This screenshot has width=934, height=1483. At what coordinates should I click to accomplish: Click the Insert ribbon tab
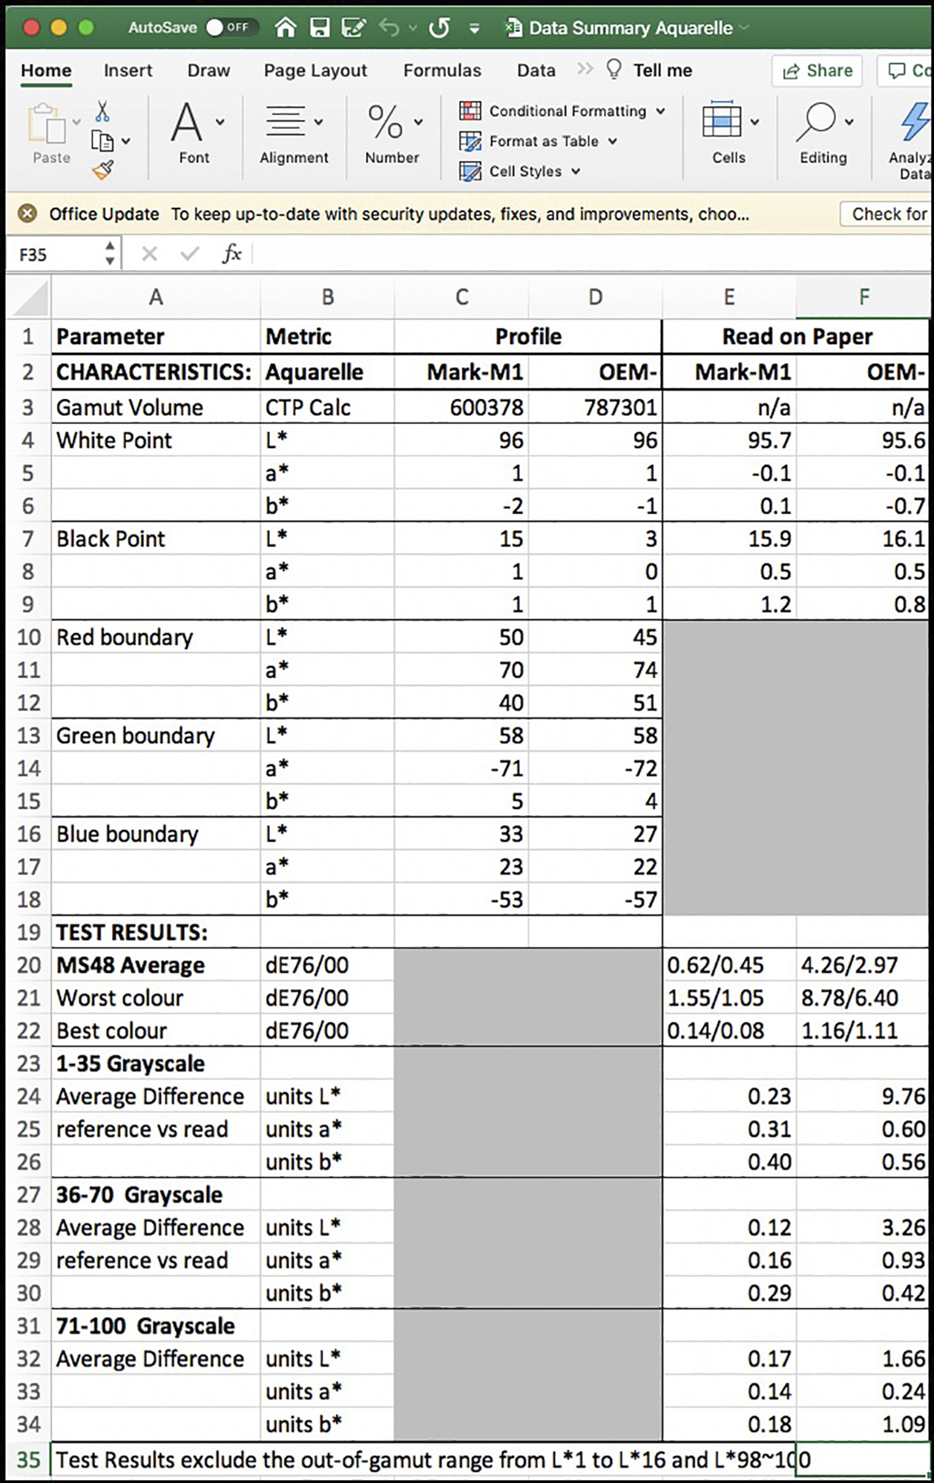pos(128,70)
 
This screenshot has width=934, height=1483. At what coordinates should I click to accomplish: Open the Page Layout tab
pos(315,70)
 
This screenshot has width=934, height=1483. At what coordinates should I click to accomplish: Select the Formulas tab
pos(442,70)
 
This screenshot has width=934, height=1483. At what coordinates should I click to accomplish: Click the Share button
pos(818,70)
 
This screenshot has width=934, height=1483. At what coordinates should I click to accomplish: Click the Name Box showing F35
pos(56,254)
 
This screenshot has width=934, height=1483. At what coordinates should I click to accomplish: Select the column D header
pos(595,297)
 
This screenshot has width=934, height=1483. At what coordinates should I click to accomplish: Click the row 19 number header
pos(28,932)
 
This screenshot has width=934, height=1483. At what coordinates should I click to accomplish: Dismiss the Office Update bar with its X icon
pos(27,214)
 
